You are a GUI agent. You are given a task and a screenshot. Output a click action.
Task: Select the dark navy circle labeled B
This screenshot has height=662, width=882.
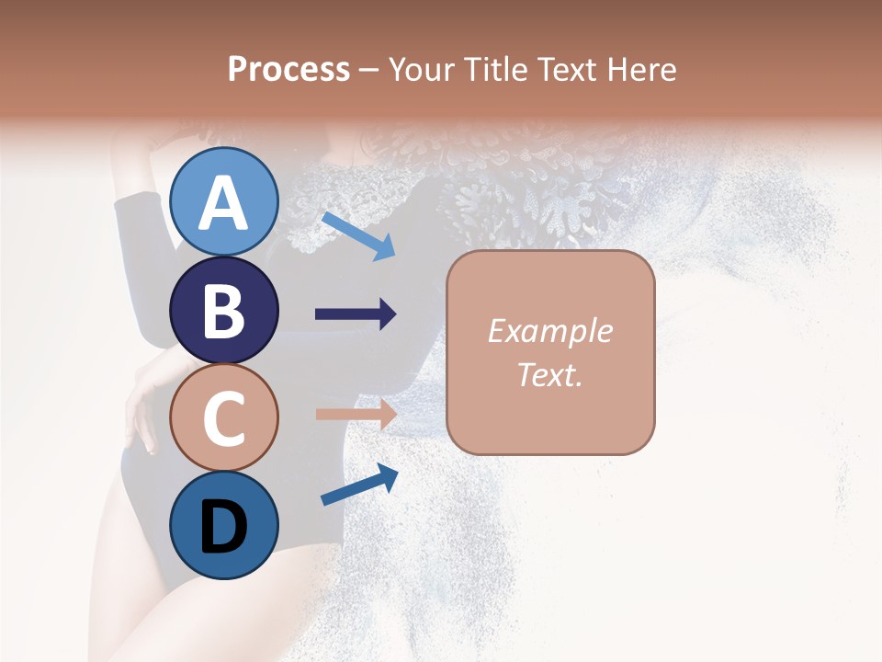pos(223,310)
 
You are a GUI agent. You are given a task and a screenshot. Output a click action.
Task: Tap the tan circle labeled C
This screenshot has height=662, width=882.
pos(223,417)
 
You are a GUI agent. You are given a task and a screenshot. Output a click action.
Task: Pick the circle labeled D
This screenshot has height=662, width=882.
pos(223,525)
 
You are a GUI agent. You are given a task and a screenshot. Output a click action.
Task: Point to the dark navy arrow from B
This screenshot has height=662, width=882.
pos(356,314)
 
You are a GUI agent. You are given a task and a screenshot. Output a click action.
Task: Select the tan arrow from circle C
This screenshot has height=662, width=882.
pos(356,414)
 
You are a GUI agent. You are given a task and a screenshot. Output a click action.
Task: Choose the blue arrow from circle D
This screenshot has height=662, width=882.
pos(359,485)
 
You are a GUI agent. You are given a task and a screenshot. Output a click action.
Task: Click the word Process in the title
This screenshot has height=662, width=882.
pos(288,70)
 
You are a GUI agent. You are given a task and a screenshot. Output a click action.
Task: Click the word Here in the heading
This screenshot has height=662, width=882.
pos(640,70)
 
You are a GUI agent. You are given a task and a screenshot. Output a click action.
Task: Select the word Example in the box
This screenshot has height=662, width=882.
pos(550,332)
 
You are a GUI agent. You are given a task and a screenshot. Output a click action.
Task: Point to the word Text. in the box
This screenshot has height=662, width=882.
pos(550,375)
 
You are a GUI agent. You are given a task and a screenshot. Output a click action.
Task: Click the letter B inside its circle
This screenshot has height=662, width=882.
pos(223,311)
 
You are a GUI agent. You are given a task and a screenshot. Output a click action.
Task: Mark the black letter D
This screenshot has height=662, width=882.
pos(223,526)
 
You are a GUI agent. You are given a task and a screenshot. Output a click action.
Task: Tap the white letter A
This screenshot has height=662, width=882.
pos(223,203)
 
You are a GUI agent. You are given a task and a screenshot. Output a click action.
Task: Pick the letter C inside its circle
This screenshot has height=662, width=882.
pos(223,418)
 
